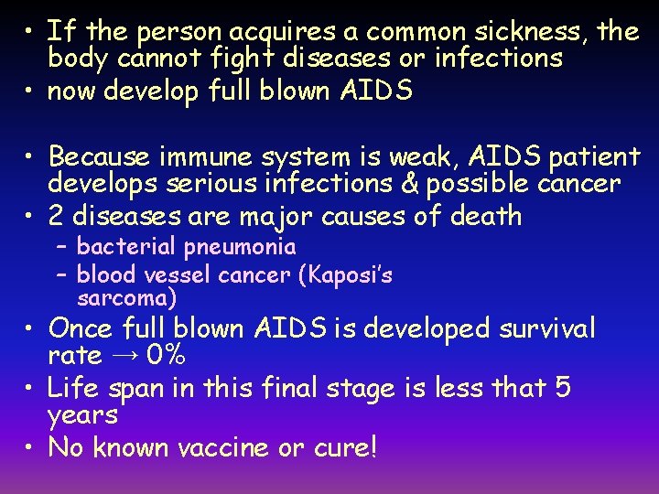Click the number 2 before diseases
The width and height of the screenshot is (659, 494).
click(x=56, y=217)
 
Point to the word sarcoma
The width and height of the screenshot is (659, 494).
click(x=127, y=297)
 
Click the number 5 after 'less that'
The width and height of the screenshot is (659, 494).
click(x=563, y=388)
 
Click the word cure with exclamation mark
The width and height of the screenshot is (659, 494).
click(x=345, y=447)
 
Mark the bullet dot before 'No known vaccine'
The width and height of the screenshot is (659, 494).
click(x=30, y=447)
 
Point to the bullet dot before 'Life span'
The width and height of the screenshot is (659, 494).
click(x=30, y=388)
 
